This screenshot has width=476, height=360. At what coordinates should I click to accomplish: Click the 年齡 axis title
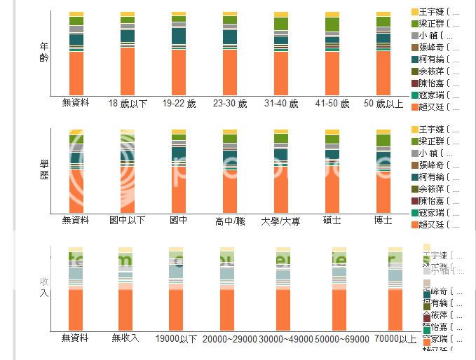[44, 52]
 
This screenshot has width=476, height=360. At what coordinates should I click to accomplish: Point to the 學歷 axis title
[44, 169]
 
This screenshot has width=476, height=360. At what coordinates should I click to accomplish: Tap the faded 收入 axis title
[44, 286]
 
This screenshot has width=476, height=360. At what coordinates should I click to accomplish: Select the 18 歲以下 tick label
[128, 104]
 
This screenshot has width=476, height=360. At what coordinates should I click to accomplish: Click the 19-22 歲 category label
[179, 104]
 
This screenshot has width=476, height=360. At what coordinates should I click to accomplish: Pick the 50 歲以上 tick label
[383, 104]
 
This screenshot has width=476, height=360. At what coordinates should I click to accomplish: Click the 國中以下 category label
[128, 221]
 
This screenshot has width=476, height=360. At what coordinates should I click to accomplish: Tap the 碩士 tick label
[332, 221]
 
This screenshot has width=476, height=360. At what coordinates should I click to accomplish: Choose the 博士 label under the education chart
[383, 221]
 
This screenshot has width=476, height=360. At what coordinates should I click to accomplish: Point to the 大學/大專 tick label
[280, 221]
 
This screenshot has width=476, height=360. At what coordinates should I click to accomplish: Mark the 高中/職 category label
[230, 221]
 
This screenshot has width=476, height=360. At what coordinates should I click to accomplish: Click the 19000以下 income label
[176, 339]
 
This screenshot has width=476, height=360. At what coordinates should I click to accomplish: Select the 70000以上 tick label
[395, 339]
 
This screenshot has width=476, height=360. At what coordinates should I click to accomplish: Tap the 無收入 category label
[125, 338]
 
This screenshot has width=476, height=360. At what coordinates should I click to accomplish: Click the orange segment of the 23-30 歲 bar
[230, 73]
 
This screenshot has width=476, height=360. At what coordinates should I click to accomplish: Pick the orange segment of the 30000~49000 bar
[283, 310]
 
